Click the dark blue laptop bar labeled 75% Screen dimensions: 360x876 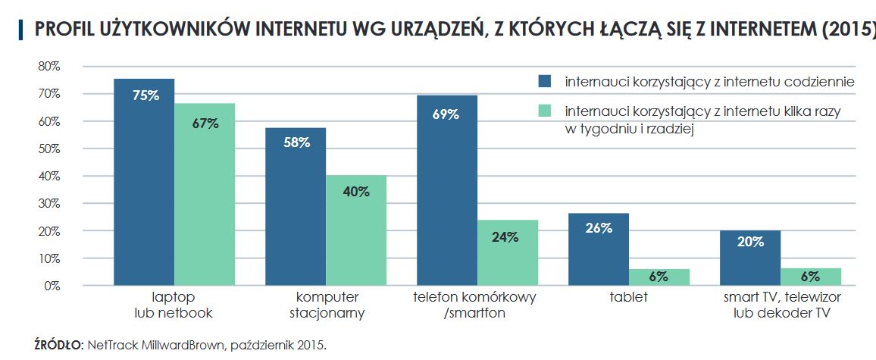coord(144,182)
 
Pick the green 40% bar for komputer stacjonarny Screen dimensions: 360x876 coord(356,230)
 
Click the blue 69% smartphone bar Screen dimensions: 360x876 coord(447,190)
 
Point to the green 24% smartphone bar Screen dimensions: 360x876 coord(508,252)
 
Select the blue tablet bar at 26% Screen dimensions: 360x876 coord(599,249)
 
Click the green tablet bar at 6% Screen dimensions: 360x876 coord(659,277)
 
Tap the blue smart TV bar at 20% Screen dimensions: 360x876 coord(750,258)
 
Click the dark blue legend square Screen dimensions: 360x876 coord(544,81)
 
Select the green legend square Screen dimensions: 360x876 coord(544,111)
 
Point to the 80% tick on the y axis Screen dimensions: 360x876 coord(49,67)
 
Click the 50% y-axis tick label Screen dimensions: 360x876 coord(49,149)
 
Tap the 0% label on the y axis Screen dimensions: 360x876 coord(52,286)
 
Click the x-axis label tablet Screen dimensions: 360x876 coord(628,297)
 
